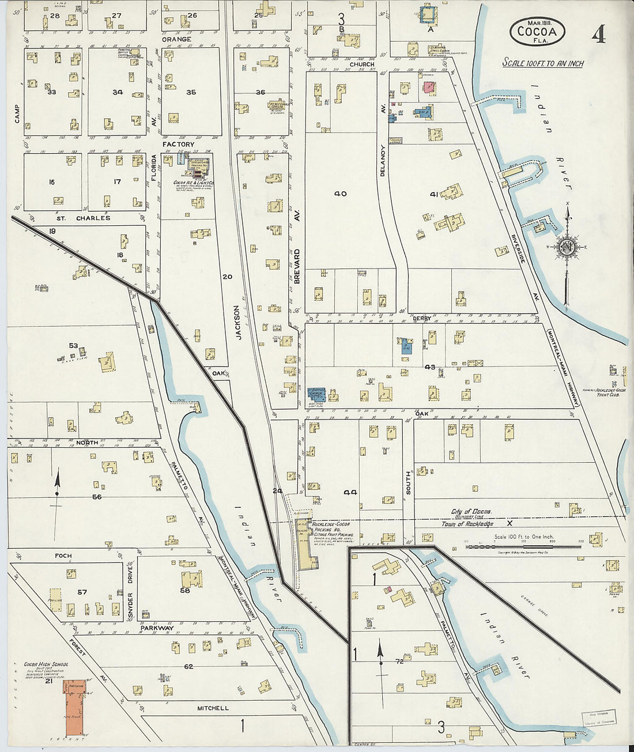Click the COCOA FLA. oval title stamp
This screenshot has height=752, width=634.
537,31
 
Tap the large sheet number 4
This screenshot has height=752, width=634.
599,36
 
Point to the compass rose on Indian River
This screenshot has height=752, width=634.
566,248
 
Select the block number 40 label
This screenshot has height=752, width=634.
341,194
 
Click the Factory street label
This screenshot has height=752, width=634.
178,144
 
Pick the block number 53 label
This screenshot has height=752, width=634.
73,346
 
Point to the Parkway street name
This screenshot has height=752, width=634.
157,628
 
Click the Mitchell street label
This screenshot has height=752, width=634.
213,708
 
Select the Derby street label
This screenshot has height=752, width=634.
422,318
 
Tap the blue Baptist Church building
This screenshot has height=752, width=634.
316,394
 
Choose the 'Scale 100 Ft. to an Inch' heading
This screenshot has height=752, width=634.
542,62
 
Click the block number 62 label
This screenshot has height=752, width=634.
188,667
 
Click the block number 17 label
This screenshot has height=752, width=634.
117,182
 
